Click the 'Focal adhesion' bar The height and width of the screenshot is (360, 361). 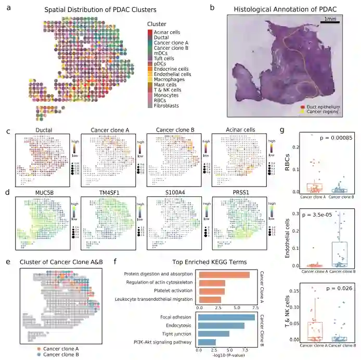(225, 317)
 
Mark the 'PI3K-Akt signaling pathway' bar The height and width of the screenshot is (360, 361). (205, 341)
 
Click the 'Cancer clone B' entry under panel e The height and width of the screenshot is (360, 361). (59, 355)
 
